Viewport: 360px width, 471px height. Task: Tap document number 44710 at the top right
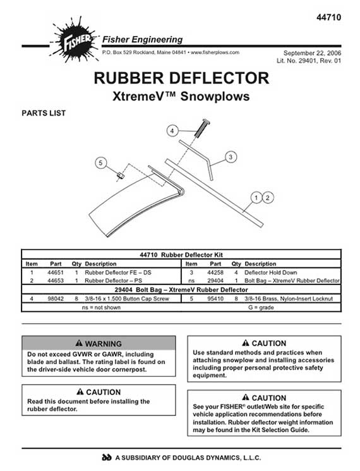coord(328,18)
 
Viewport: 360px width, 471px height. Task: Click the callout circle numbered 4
coord(172,131)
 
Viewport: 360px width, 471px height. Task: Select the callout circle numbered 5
coord(101,163)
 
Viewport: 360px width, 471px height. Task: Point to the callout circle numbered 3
coord(231,157)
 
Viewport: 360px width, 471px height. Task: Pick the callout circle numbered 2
coord(268,198)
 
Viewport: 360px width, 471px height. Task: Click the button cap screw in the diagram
coord(202,128)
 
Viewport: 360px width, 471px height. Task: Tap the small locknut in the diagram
coord(119,175)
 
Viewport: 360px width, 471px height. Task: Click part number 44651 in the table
coord(56,272)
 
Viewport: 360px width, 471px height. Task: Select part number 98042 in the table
coord(56,298)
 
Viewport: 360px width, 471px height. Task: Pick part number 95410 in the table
coord(215,298)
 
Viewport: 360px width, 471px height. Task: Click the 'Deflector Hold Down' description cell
coord(270,272)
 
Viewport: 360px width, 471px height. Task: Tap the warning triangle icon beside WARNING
coord(79,343)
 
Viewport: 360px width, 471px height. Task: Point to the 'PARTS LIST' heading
coord(44,113)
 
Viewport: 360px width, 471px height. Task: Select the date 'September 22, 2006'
coord(312,53)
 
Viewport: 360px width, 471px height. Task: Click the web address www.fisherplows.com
coord(215,52)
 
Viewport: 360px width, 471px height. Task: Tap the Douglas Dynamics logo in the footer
coord(107,458)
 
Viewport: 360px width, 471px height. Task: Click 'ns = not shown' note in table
coord(101,307)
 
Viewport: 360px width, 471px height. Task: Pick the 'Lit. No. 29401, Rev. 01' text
coord(309,61)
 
